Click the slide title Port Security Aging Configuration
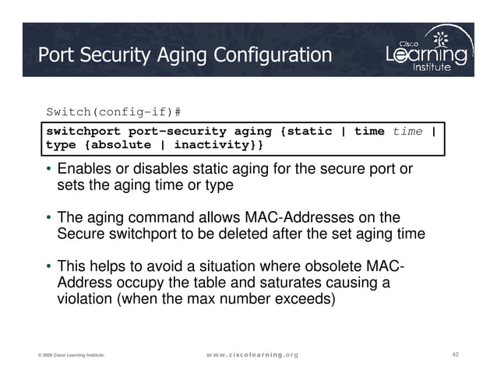coord(185,55)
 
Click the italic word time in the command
coord(407,131)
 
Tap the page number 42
coord(456,354)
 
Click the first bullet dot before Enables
coord(49,170)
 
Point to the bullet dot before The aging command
coord(49,217)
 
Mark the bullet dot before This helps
coord(49,266)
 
